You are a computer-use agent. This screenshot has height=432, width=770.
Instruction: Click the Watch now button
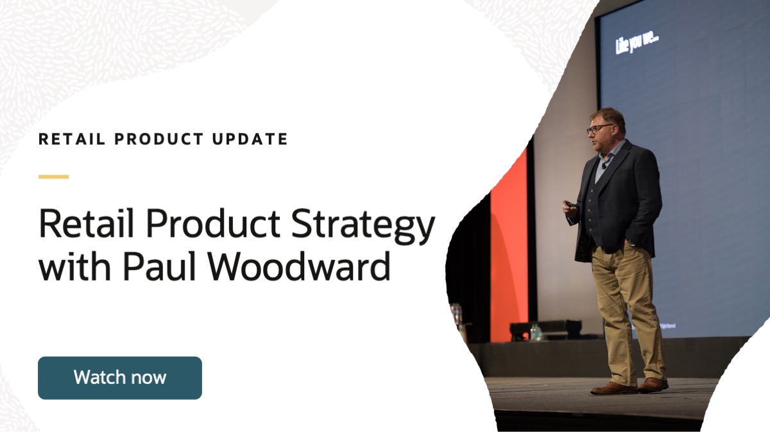coord(120,377)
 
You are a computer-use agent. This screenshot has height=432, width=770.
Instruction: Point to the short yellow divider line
coord(53,177)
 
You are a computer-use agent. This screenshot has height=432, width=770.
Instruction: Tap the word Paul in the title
coord(161,266)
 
